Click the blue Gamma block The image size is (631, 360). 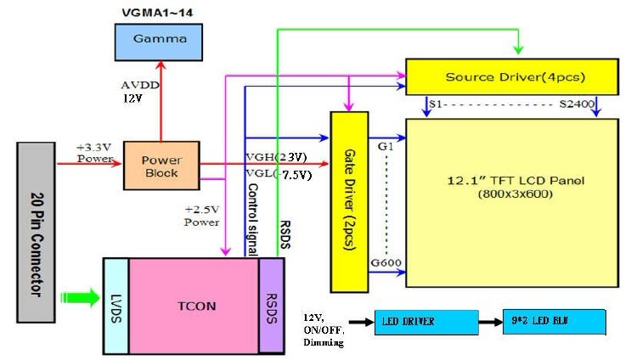click(x=158, y=39)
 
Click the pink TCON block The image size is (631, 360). click(x=193, y=304)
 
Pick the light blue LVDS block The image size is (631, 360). click(x=115, y=304)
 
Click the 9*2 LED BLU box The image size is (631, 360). click(x=555, y=322)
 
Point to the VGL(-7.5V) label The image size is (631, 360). click(x=278, y=175)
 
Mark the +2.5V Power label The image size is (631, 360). click(x=201, y=216)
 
